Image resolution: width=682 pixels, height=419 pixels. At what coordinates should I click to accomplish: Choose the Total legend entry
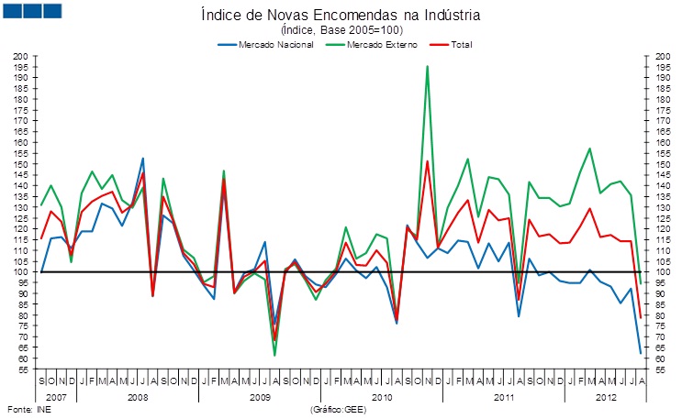point(464,44)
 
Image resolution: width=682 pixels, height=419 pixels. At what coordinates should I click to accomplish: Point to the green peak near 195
point(427,66)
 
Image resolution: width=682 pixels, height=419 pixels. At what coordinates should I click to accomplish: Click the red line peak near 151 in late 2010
point(427,161)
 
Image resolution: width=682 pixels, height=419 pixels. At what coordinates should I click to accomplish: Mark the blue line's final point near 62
point(640,353)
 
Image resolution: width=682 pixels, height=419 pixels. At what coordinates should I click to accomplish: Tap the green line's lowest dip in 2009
point(274,355)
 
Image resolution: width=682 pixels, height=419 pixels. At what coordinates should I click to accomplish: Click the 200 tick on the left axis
point(21,57)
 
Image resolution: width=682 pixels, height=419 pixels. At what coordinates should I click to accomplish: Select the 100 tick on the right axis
point(661,272)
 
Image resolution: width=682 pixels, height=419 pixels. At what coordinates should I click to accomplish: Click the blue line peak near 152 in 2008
point(142,159)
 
